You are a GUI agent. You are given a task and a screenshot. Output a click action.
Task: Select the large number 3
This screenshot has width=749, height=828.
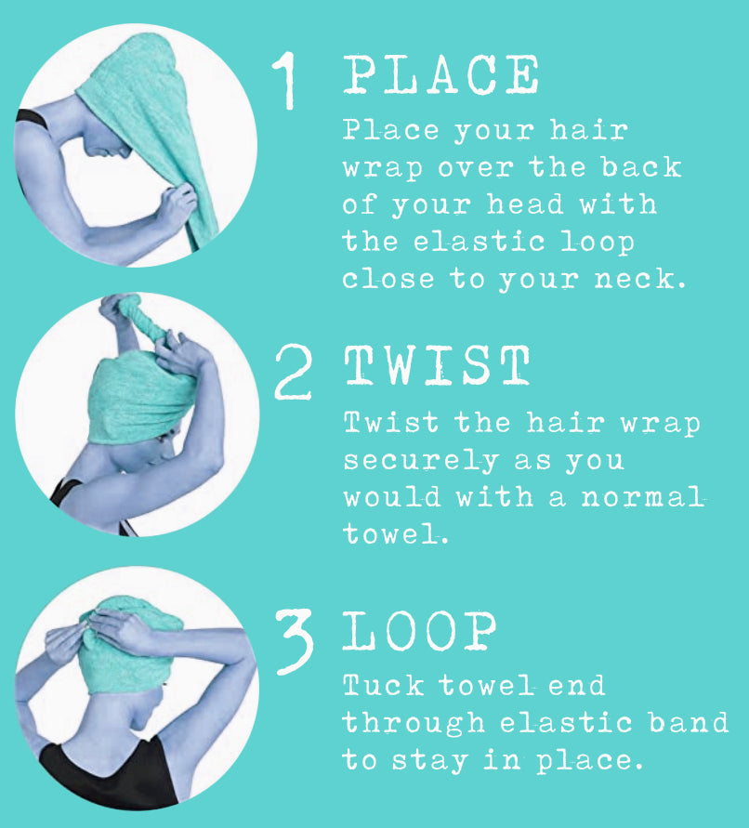click(296, 640)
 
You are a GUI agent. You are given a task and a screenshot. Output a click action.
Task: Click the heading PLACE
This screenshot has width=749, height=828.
click(441, 74)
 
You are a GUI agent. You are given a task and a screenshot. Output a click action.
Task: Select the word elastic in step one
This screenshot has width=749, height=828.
click(469, 242)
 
